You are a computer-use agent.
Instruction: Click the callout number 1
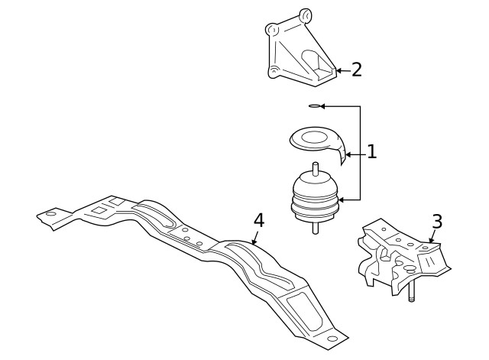click(x=371, y=152)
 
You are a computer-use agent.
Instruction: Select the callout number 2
click(x=356, y=70)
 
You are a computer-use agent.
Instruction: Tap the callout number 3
click(x=436, y=222)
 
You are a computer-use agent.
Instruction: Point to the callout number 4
click(x=258, y=220)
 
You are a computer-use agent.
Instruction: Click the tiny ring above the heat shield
click(x=313, y=106)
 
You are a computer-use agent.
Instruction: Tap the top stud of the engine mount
click(x=315, y=169)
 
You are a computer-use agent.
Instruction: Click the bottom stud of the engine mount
click(x=316, y=228)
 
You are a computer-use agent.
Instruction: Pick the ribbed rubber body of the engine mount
click(x=315, y=200)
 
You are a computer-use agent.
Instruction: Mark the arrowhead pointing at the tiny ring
click(x=322, y=106)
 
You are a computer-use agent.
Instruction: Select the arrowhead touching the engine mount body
click(x=344, y=200)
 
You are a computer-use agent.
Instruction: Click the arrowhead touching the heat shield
click(x=348, y=154)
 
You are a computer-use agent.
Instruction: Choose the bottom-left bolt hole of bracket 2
click(x=272, y=72)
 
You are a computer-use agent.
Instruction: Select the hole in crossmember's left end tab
click(x=50, y=215)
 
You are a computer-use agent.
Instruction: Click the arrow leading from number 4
click(x=254, y=238)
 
